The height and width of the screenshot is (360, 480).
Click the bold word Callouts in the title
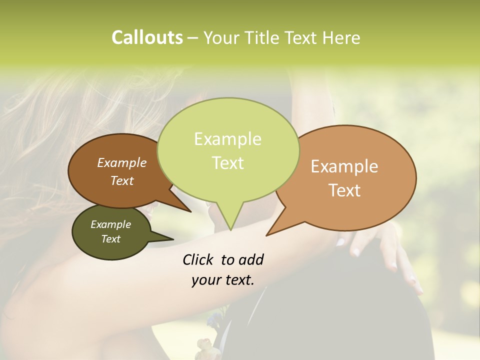click(147, 37)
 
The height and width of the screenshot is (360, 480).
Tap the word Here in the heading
click(340, 38)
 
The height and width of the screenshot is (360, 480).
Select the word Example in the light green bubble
click(227, 139)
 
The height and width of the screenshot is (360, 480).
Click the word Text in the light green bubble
click(227, 163)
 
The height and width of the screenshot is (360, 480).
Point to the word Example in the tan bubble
click(344, 166)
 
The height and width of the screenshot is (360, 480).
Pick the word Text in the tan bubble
click(345, 190)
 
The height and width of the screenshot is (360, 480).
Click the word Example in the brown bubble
click(121, 163)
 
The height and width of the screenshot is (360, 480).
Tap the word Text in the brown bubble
click(122, 180)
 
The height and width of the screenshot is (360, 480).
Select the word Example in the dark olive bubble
click(110, 224)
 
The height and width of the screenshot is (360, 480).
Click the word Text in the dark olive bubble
click(110, 239)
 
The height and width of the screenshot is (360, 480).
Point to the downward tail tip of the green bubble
click(230, 229)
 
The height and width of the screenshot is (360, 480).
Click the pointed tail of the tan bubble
click(267, 234)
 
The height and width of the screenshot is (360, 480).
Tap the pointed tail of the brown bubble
click(190, 211)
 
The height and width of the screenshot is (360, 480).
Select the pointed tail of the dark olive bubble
click(172, 239)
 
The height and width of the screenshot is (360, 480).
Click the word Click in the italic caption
click(199, 259)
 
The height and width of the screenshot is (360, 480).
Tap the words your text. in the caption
click(223, 280)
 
